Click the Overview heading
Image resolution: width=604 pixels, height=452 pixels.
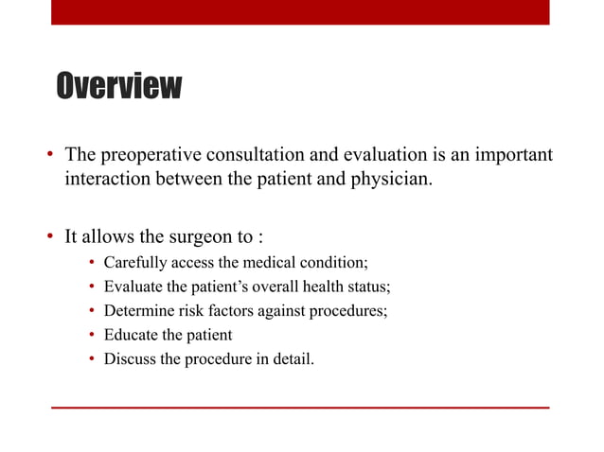coord(117,87)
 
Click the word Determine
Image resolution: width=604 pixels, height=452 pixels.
coord(138,311)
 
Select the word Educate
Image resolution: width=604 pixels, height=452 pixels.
coord(131,335)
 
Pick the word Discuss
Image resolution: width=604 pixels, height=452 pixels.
coord(130,359)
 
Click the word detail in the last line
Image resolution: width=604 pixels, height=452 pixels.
coord(291,359)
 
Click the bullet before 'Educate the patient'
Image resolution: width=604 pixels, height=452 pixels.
coord(92,336)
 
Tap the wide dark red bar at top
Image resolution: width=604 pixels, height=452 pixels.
coord(300,11)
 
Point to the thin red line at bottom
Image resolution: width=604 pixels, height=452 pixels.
coord(300,408)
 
